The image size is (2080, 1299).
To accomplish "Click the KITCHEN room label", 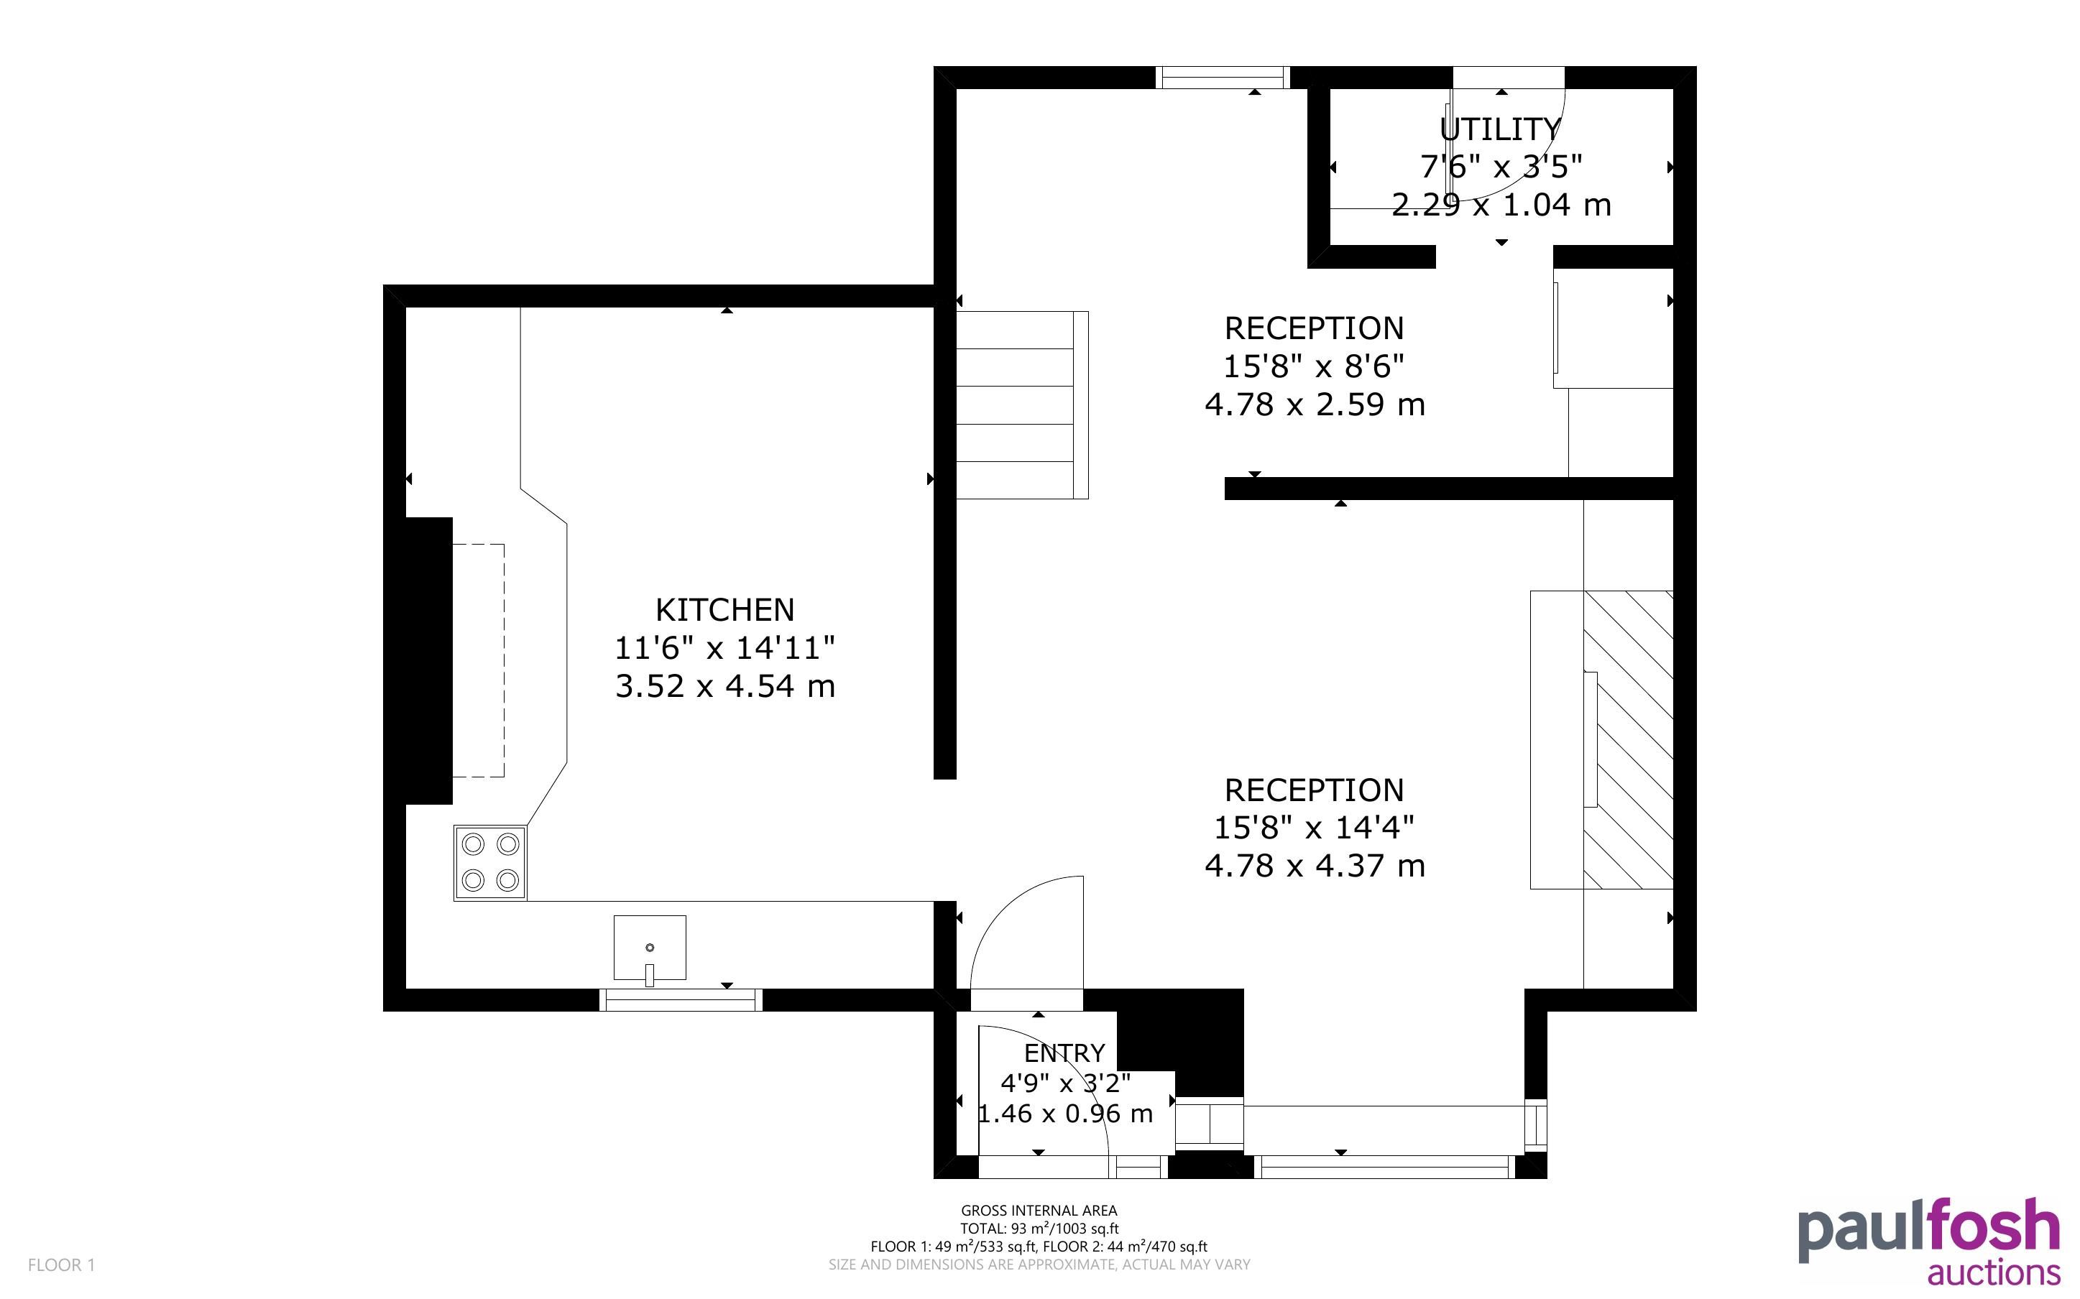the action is click(x=725, y=610).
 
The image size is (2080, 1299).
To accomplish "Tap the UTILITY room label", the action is click(x=1500, y=130).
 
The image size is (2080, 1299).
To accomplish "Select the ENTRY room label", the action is click(x=1064, y=1053).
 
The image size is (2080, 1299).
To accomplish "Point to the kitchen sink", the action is click(x=650, y=948).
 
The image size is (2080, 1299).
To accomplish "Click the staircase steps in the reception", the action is click(x=1022, y=405).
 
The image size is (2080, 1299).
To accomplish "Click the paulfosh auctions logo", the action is click(x=1929, y=1242).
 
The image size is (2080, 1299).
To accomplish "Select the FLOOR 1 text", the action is click(x=62, y=1265).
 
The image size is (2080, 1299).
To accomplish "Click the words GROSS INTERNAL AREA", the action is click(x=1039, y=1211).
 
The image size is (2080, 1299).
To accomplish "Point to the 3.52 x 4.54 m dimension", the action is click(x=725, y=686).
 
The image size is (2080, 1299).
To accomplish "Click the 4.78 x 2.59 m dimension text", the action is click(x=1315, y=405).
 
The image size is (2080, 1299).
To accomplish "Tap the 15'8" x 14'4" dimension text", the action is click(x=1315, y=828).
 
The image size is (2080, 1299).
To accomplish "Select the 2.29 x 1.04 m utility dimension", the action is click(x=1501, y=205).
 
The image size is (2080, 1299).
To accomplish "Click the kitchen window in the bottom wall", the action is click(x=681, y=1000).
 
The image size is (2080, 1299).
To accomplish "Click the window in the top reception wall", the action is click(x=1222, y=78).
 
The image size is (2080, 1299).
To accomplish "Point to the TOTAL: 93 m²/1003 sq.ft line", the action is click(x=1039, y=1229).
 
